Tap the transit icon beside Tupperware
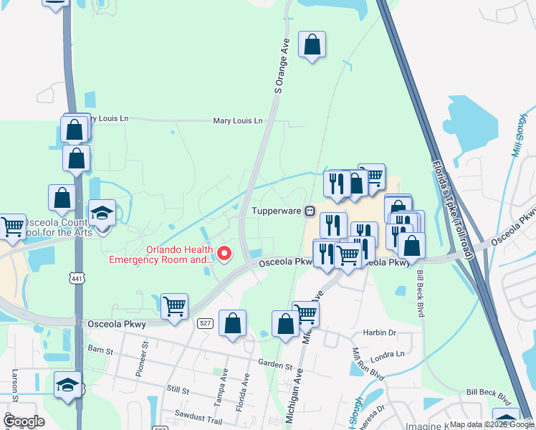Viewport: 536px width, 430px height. point(310,211)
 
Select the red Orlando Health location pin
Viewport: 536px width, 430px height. point(224,253)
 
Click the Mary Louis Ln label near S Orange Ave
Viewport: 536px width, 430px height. point(238,121)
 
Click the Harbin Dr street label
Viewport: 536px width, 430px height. point(380,333)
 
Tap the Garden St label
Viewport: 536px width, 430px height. point(276,365)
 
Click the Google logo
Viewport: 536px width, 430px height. point(24,421)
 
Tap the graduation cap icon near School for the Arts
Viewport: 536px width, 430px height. point(102,212)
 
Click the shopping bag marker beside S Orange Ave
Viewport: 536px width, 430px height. point(312,46)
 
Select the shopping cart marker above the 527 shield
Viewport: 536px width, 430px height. point(174,307)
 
